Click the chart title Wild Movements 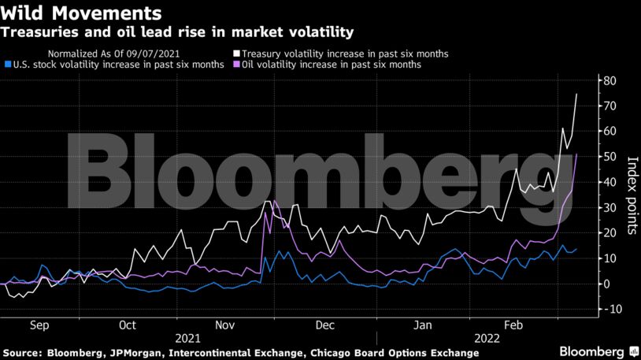click(82, 13)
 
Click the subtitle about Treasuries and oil click(176, 32)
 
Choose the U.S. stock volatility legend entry click(114, 65)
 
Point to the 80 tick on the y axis click(609, 80)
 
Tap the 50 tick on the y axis click(609, 157)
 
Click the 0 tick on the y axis click(606, 284)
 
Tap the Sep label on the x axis click(41, 325)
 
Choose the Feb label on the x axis click(513, 325)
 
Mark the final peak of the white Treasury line click(576, 94)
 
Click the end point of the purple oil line click(577, 154)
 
